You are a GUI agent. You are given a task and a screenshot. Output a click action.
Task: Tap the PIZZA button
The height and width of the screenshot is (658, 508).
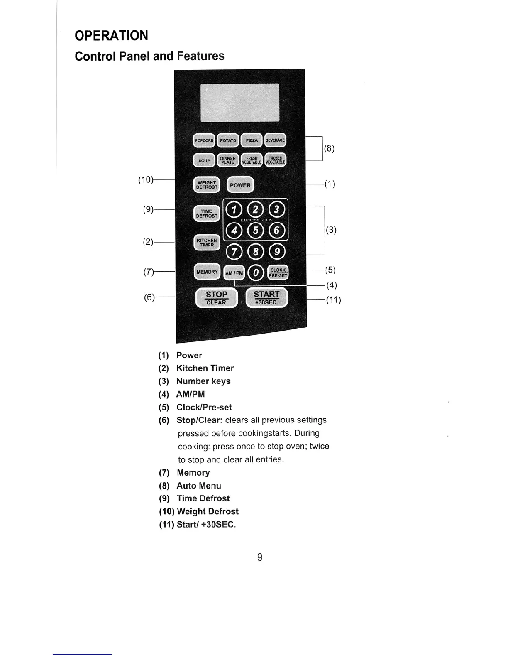pyautogui.click(x=252, y=140)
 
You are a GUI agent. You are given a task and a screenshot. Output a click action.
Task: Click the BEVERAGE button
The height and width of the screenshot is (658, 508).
pyautogui.click(x=275, y=140)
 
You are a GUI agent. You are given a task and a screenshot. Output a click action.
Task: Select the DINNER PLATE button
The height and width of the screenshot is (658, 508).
pyautogui.click(x=228, y=160)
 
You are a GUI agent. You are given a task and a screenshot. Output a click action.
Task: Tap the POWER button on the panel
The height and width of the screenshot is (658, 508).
pyautogui.click(x=240, y=185)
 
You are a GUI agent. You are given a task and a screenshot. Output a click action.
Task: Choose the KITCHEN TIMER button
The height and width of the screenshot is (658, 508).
pyautogui.click(x=207, y=243)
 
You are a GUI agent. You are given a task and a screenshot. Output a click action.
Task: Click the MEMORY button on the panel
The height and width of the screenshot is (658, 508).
pyautogui.click(x=207, y=272)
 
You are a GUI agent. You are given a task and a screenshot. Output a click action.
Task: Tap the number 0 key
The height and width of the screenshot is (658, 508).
pyautogui.click(x=256, y=273)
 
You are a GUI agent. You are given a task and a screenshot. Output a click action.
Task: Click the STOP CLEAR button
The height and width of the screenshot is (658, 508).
pyautogui.click(x=216, y=298)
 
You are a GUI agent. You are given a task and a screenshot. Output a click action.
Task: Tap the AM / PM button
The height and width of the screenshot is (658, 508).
pyautogui.click(x=234, y=273)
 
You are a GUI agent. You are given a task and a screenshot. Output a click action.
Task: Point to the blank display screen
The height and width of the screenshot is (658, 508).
pyautogui.click(x=239, y=102)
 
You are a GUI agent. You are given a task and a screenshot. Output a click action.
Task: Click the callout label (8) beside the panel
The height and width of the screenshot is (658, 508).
pyautogui.click(x=329, y=148)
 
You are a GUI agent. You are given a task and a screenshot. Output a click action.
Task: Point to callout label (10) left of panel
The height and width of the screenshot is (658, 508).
pyautogui.click(x=145, y=179)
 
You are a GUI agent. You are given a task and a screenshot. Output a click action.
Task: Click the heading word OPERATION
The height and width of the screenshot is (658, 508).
pyautogui.click(x=111, y=36)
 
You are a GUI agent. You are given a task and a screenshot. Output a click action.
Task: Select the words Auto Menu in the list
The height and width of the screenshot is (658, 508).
pyautogui.click(x=199, y=486)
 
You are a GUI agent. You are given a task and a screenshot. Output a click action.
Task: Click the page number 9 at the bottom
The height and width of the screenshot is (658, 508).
pyautogui.click(x=260, y=557)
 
